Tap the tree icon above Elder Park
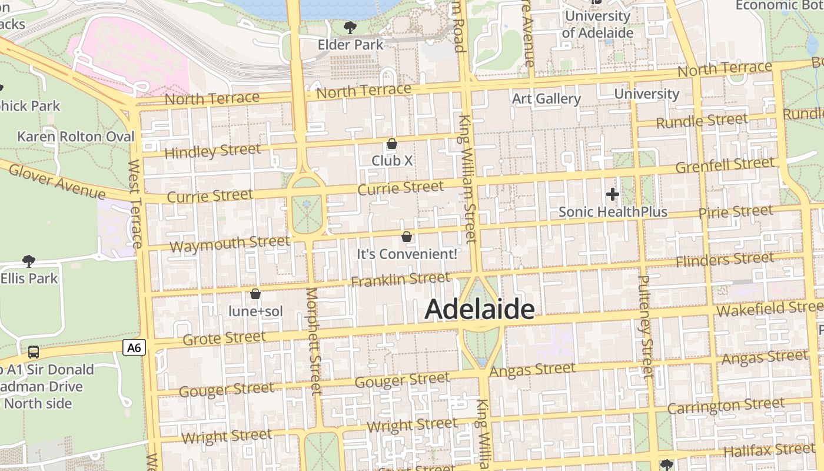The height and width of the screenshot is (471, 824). tap(350, 27)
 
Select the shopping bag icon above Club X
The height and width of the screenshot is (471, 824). tap(392, 144)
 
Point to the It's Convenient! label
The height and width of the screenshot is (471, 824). tap(407, 254)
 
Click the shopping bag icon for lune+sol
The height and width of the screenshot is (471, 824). tap(255, 294)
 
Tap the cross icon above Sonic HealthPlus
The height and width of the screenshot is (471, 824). tap(613, 194)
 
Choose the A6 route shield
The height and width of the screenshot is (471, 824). tap(134, 347)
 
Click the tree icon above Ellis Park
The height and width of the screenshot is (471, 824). tap(28, 261)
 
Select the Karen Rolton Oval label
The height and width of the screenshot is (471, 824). tap(76, 137)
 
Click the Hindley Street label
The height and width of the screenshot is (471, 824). tap(212, 151)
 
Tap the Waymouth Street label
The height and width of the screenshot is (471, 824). tap(230, 244)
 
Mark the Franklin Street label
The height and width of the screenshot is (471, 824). tap(400, 279)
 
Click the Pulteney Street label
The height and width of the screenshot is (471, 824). tap(646, 326)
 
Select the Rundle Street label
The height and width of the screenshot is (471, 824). tap(702, 121)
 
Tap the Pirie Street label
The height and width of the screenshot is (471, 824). tap(736, 211)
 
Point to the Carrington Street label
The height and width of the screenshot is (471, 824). tap(726, 406)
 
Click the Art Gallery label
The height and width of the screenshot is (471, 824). tap(546, 98)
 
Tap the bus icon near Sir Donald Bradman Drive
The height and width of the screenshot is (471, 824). tap(34, 352)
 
